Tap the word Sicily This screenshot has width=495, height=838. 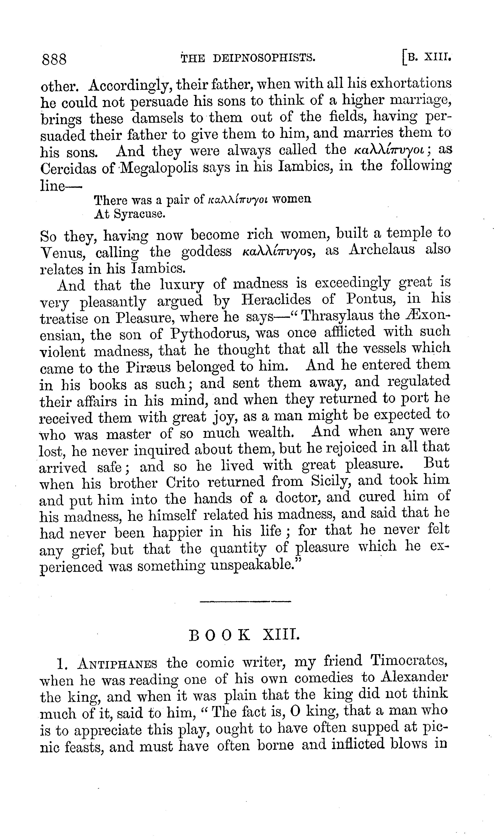pos(331,481)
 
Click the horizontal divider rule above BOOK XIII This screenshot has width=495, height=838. pos(245,602)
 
